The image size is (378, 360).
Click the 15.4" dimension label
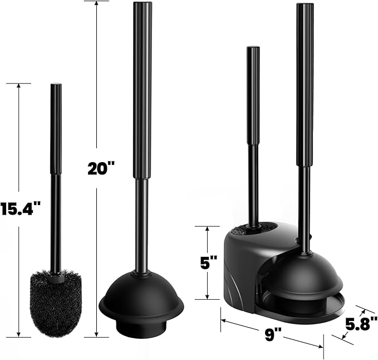point(21,210)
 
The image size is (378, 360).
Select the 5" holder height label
point(209,262)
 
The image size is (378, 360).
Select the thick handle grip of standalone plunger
point(142,89)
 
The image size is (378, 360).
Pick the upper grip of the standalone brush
point(56,128)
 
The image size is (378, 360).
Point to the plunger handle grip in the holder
point(305,84)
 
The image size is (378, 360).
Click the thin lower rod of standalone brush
point(56,223)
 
